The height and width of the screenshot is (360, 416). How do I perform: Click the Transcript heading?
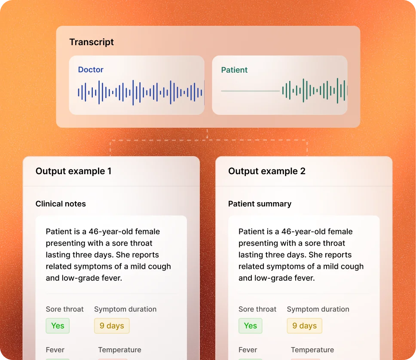click(92, 42)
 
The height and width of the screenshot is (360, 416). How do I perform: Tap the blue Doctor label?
click(91, 70)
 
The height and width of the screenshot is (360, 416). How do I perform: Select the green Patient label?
click(234, 70)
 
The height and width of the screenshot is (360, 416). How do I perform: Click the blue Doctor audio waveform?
click(141, 92)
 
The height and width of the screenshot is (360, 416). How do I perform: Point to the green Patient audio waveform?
click(315, 91)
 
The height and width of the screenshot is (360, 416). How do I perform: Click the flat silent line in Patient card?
click(250, 91)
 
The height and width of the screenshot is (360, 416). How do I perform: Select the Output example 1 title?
click(73, 171)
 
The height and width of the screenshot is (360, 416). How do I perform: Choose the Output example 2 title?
click(266, 171)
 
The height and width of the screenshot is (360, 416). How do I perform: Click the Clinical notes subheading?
click(61, 203)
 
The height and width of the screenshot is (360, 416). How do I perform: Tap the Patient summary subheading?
click(260, 203)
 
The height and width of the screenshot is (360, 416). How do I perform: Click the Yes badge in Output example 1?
click(58, 326)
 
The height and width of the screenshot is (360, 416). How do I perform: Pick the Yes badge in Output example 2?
click(250, 326)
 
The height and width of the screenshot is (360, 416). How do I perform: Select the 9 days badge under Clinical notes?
click(112, 326)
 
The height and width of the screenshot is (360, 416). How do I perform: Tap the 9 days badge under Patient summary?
click(304, 326)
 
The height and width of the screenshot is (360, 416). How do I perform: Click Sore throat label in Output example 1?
click(65, 309)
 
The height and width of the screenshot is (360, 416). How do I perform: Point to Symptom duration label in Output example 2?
click(318, 309)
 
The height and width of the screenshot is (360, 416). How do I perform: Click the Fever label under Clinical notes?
click(55, 350)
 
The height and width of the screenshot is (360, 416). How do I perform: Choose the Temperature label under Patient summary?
click(312, 350)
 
